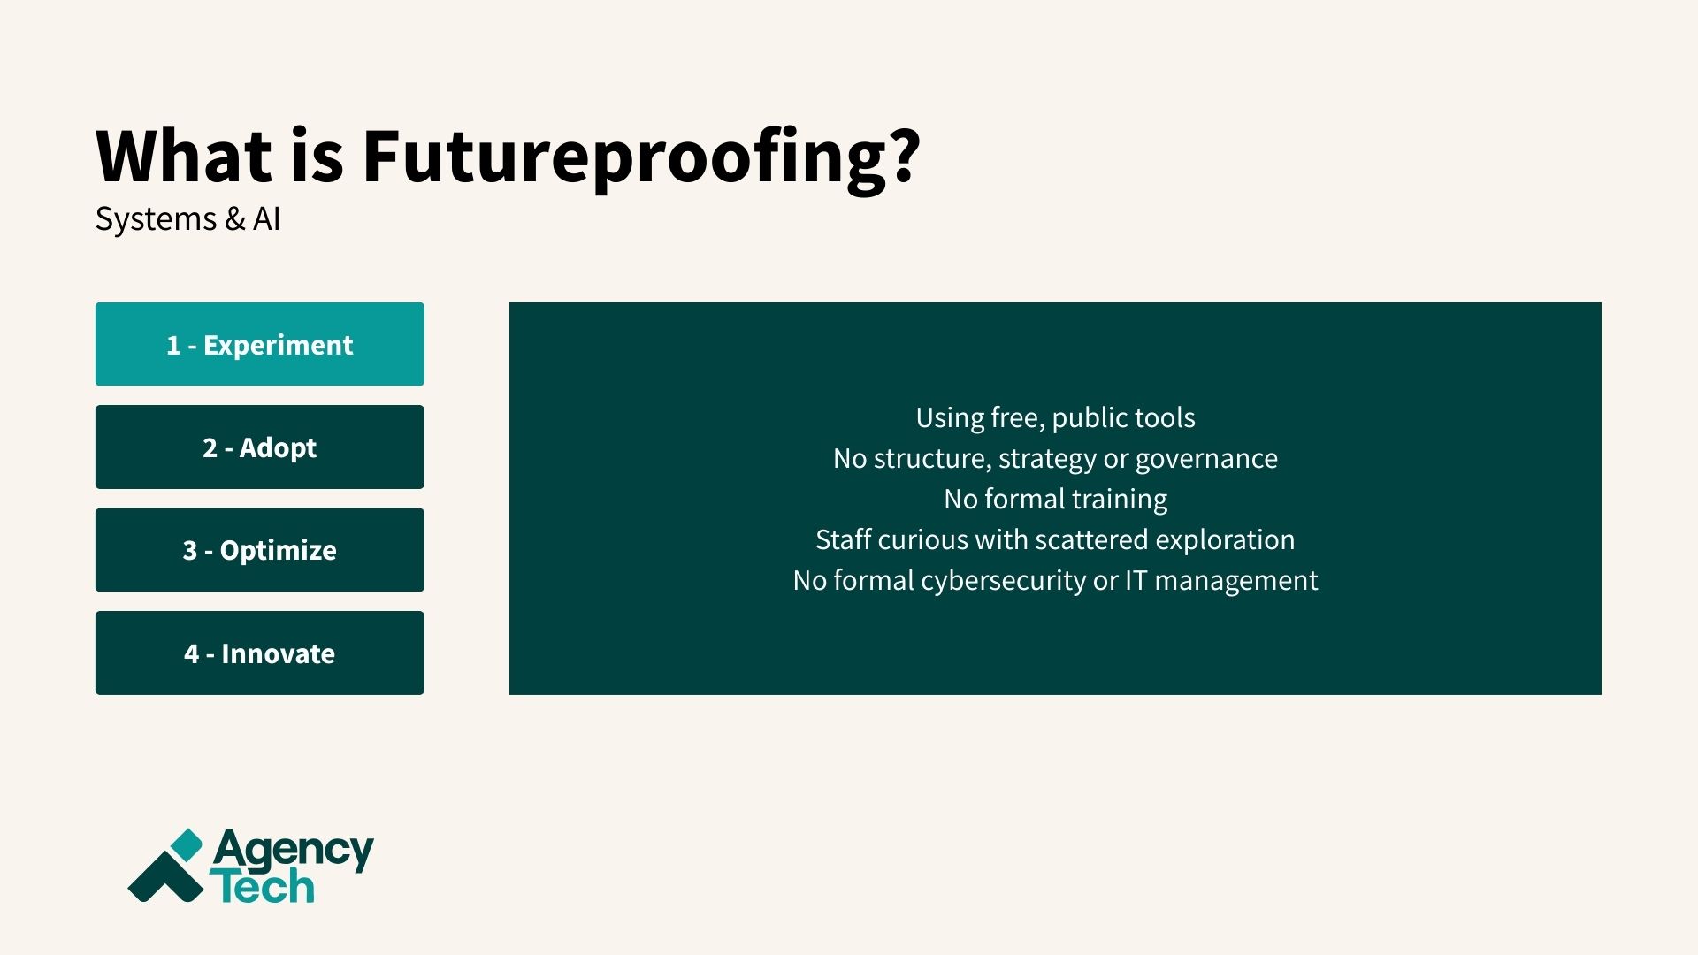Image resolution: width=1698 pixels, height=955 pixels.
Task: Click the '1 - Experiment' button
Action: point(259,344)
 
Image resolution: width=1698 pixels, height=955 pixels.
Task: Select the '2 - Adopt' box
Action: point(259,447)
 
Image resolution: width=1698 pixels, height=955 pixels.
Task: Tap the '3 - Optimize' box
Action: point(259,550)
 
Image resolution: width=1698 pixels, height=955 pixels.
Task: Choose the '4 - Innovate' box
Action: point(259,653)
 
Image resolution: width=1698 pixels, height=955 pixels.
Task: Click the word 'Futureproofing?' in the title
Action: point(641,157)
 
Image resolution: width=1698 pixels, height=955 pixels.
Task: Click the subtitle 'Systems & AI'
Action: point(187,218)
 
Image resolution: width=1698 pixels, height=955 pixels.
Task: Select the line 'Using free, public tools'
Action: point(1055,417)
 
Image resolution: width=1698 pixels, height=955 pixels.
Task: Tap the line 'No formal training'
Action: point(1055,499)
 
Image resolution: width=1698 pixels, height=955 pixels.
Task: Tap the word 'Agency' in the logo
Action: point(293,851)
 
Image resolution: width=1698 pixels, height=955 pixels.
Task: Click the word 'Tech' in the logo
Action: point(263,887)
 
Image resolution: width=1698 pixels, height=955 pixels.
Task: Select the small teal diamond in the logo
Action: point(187,844)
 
